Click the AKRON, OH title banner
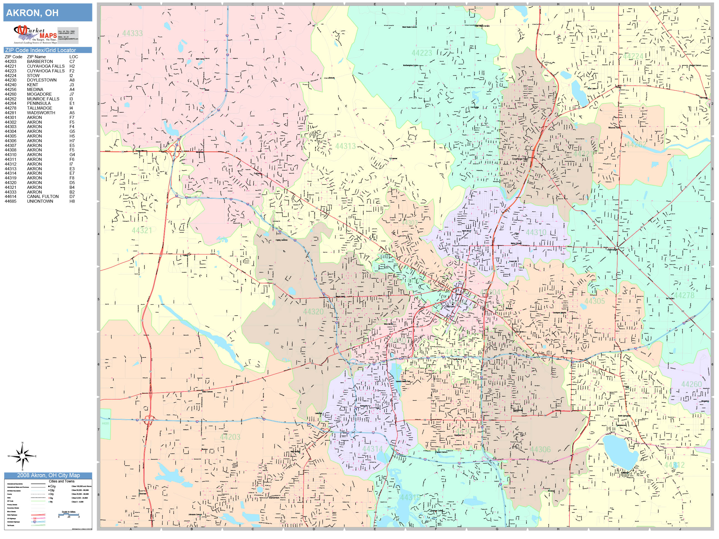pos(47,13)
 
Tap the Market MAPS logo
pos(35,35)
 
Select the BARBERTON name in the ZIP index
pos(40,61)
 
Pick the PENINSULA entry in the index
pos(39,103)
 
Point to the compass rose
pos(22,456)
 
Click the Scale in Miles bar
pos(69,514)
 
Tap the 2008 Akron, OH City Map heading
pos(48,475)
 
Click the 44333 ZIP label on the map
pos(132,33)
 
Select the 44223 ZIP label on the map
pos(422,53)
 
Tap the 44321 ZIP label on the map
pos(142,230)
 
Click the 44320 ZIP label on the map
pos(313,312)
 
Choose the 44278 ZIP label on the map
pos(684,295)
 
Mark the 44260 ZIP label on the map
pos(691,384)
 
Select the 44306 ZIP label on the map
pos(540,449)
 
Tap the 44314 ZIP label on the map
pos(372,449)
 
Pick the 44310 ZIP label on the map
pos(536,232)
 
